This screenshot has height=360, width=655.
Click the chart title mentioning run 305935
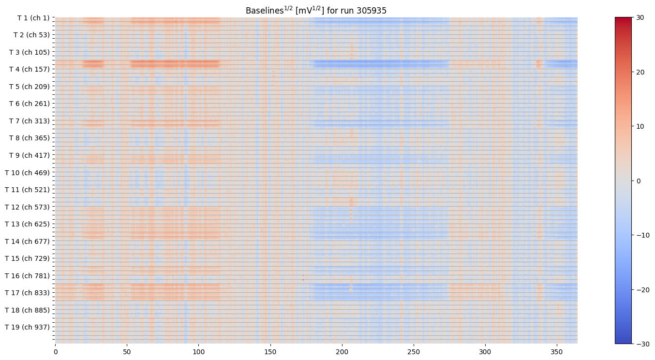(x=316, y=10)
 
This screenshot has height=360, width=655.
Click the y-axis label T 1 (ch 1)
(x=33, y=18)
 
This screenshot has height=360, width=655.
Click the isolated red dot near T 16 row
(x=303, y=279)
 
